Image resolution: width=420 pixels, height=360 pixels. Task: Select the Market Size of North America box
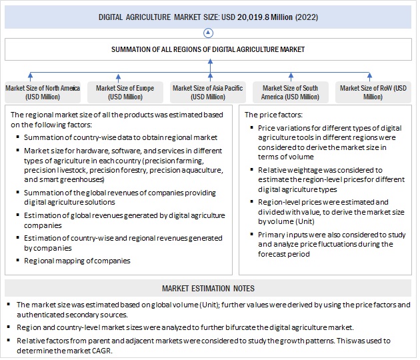[42, 93]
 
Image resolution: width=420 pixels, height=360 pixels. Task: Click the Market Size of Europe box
[125, 93]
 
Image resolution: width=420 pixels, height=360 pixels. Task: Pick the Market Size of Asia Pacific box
[207, 93]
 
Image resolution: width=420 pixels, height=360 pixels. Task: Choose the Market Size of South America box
[291, 93]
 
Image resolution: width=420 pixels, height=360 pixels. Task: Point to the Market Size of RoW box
[373, 93]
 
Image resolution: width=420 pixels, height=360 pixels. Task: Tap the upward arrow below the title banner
[209, 33]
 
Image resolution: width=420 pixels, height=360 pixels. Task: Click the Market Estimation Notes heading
[208, 288]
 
